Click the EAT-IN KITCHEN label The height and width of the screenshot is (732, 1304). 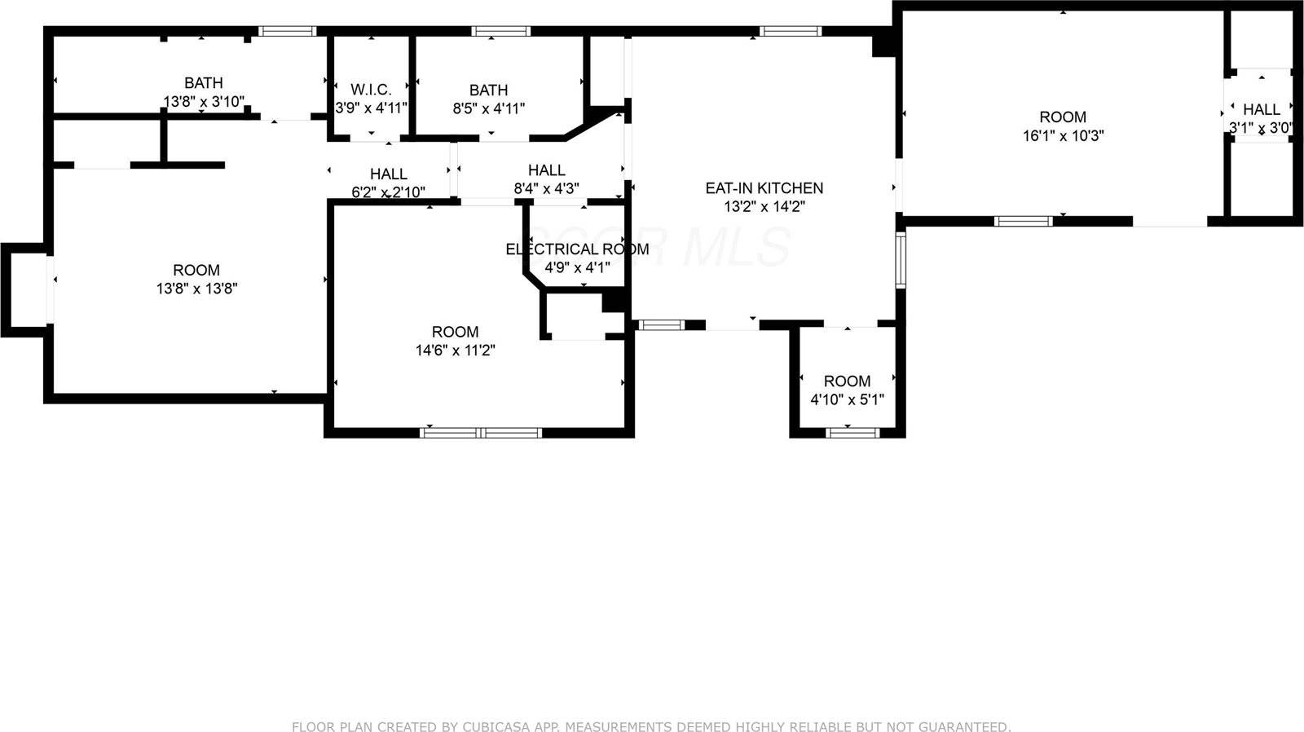point(764,188)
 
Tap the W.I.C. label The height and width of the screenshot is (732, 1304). point(371,90)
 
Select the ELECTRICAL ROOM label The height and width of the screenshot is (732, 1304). point(577,249)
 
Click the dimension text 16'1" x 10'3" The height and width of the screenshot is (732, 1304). point(1063,136)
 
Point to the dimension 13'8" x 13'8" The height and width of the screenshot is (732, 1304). point(196,289)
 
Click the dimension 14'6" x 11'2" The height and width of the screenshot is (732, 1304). point(455,351)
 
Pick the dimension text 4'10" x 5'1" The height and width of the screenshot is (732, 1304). point(847,400)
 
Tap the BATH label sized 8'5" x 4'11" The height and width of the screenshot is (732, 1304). point(488,90)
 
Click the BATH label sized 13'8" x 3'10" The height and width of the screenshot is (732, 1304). point(203,83)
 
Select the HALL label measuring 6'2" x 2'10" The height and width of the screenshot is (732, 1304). point(389,174)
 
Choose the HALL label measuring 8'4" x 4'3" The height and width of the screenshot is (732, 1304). point(546,170)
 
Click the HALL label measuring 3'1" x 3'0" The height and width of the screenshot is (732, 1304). point(1261,109)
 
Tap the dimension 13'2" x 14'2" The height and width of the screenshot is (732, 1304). point(764,207)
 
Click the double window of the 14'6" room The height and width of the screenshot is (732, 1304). point(481,432)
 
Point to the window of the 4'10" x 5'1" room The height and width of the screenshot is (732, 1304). point(852,432)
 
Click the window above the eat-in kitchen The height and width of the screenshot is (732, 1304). point(790,32)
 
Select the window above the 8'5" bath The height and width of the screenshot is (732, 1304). point(500,32)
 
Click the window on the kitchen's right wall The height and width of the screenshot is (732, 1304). point(901,260)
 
